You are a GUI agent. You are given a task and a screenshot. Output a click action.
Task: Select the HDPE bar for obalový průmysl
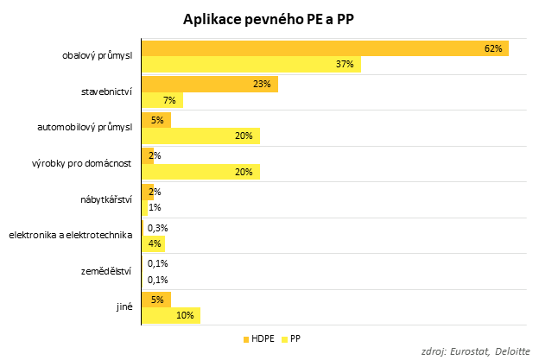[325, 48]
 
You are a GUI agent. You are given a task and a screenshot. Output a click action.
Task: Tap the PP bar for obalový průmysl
[250, 65]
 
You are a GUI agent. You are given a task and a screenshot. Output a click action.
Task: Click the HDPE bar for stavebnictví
[209, 85]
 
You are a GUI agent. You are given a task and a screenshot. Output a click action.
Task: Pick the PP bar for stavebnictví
[162, 101]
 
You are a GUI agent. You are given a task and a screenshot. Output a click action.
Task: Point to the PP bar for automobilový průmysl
[200, 136]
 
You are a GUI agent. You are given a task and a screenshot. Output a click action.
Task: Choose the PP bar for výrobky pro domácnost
[200, 172]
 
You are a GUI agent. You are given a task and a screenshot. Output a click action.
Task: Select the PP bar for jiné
[170, 316]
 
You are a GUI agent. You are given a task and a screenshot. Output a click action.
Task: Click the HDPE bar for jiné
[155, 300]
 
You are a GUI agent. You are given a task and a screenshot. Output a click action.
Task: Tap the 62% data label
[493, 48]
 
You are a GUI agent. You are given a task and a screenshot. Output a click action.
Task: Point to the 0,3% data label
[157, 228]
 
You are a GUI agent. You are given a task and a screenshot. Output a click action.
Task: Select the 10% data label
[185, 316]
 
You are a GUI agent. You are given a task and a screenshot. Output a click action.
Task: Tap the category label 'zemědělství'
[108, 271]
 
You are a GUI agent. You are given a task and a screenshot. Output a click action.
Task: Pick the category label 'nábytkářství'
[105, 199]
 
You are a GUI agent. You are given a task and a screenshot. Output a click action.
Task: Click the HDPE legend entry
[258, 338]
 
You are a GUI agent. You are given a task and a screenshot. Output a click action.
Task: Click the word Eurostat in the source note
[472, 351]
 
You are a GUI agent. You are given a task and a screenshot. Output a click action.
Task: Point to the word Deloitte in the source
[516, 351]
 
